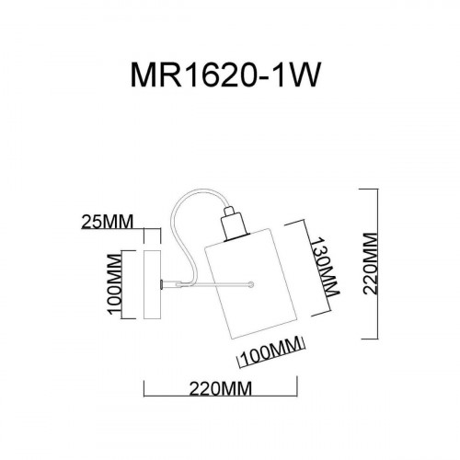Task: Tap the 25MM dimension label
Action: (x=104, y=222)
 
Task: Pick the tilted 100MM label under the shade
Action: (x=271, y=350)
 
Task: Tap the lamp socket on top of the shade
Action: (x=232, y=223)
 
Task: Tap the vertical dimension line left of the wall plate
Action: (x=124, y=283)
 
